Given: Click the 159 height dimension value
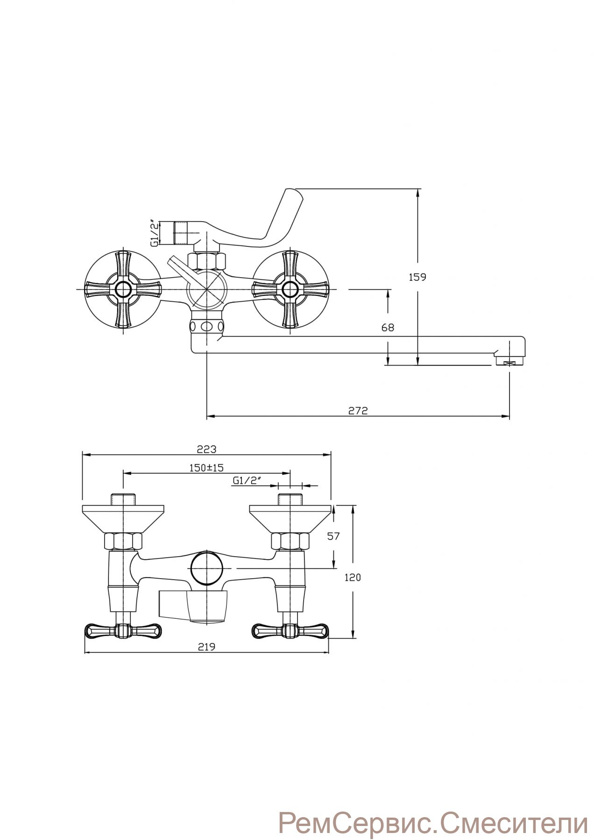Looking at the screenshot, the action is coord(417,277).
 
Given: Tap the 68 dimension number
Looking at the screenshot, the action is coord(388,328).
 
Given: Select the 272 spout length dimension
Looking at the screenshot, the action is coord(358,411).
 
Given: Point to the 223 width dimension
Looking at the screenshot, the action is coord(206,449).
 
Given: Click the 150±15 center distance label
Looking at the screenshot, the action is coord(207,468).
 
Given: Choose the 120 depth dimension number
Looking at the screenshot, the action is coord(353,577).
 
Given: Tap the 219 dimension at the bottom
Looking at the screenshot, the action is coord(206,647).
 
